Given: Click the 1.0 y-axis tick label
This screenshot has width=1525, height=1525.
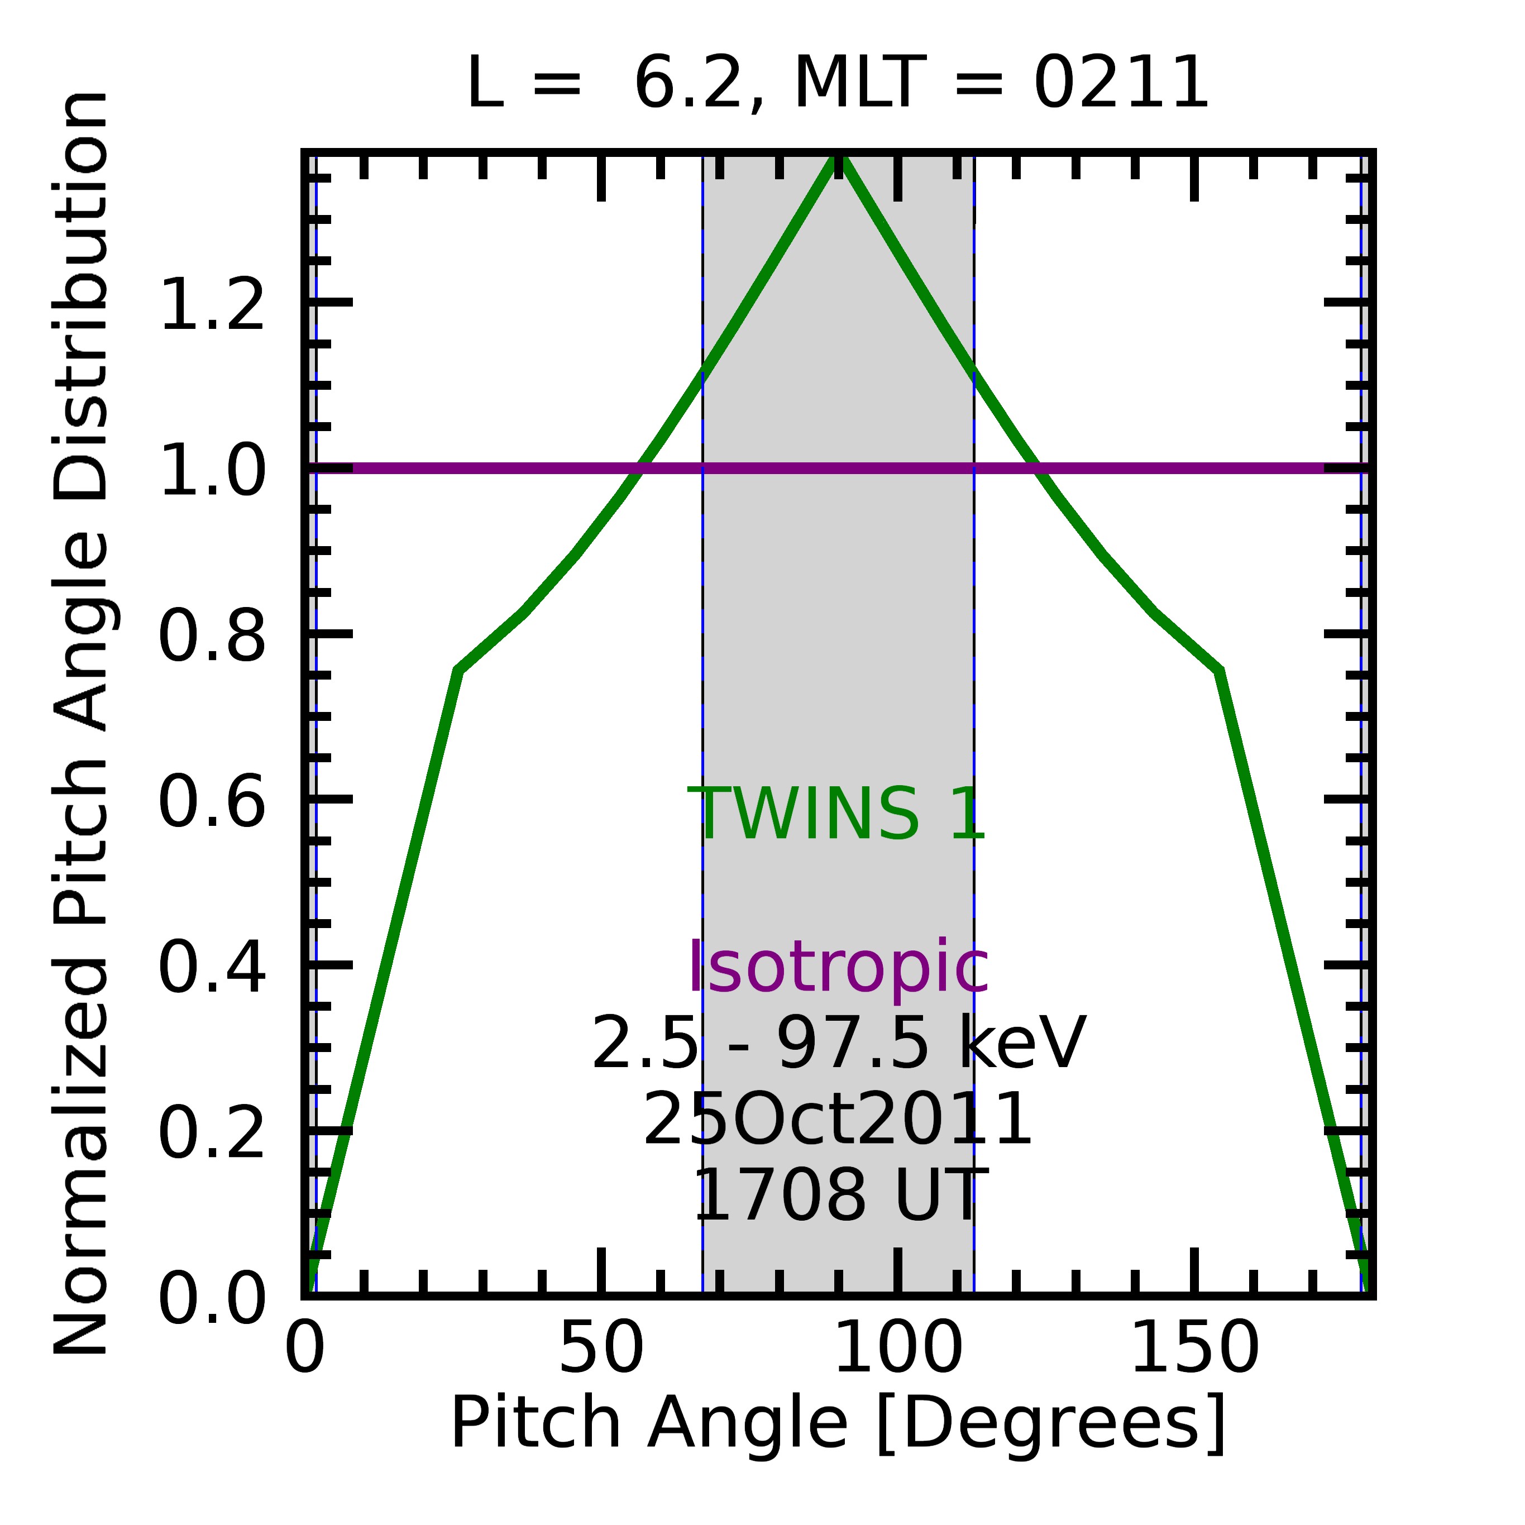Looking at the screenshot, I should click(212, 472).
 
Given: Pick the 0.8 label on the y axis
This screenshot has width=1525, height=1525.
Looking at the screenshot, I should click(212, 638).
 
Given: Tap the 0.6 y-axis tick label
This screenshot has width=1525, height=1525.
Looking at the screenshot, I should click(212, 804).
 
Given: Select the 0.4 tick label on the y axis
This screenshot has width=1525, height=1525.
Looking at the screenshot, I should click(212, 969).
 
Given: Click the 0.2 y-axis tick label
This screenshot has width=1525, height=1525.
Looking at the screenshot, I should click(212, 1135).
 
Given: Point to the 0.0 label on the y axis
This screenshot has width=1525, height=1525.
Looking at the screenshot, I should click(212, 1301).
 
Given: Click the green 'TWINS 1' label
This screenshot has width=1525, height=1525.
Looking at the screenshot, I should click(836, 815).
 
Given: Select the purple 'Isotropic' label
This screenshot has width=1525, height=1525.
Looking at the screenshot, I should click(838, 968).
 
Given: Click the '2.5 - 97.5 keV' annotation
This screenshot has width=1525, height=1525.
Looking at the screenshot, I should click(838, 1044).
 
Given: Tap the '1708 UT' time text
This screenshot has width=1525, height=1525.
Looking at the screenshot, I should click(838, 1196).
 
